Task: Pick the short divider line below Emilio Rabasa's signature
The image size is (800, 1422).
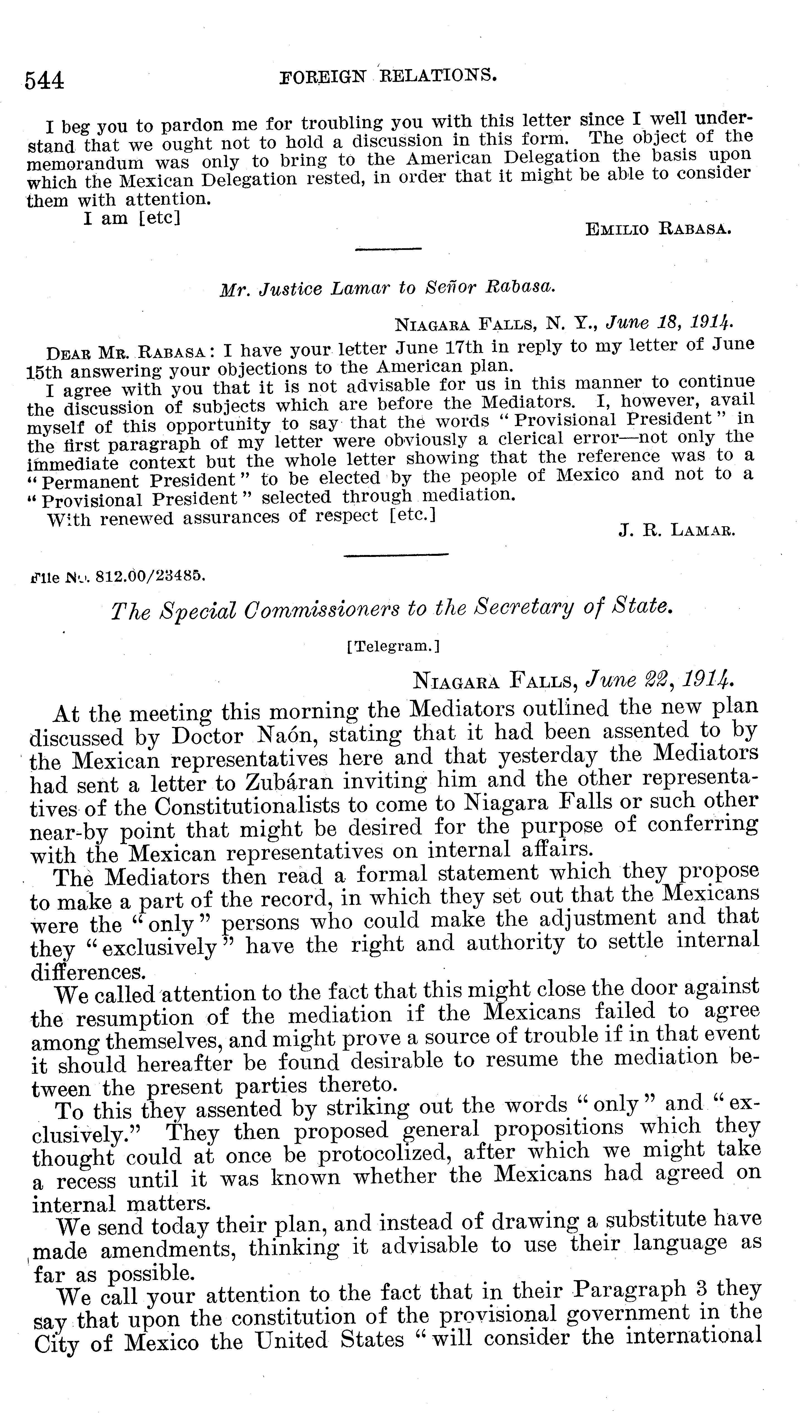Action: tap(388, 250)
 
